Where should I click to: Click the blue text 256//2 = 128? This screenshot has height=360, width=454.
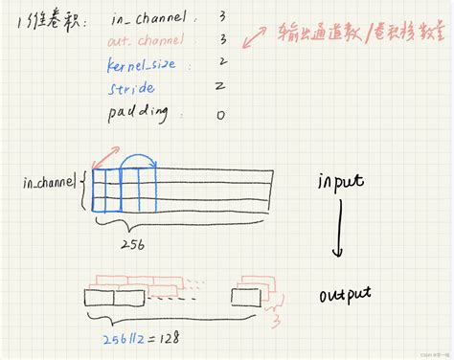(x=143, y=338)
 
